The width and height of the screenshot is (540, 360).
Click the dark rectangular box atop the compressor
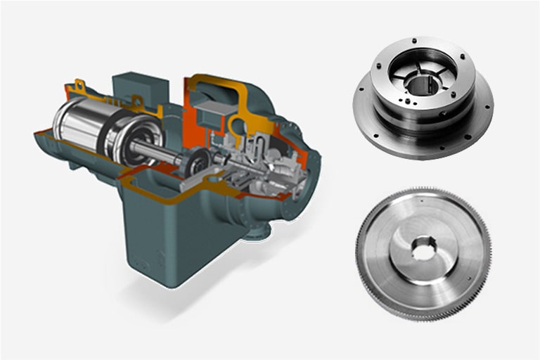146,86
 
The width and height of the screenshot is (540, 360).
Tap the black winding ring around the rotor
112,131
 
